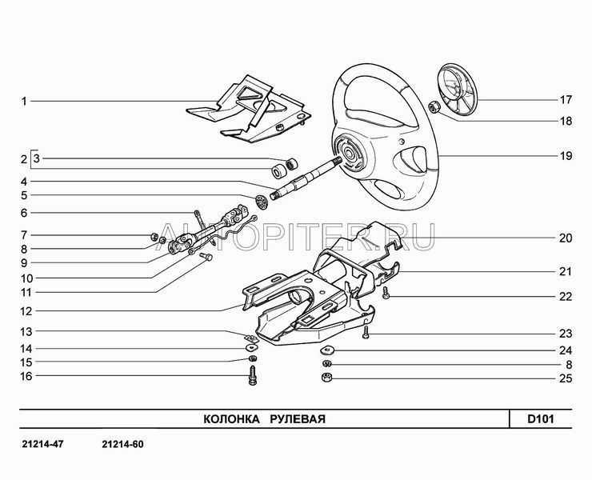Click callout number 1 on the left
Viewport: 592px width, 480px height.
24,102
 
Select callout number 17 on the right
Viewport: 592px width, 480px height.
566,101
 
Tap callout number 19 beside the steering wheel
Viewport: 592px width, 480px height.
566,157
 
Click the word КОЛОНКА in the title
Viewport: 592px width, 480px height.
229,419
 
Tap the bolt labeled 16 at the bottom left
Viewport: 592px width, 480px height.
253,373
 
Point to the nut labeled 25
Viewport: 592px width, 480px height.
326,377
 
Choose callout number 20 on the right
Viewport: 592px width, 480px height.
566,238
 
